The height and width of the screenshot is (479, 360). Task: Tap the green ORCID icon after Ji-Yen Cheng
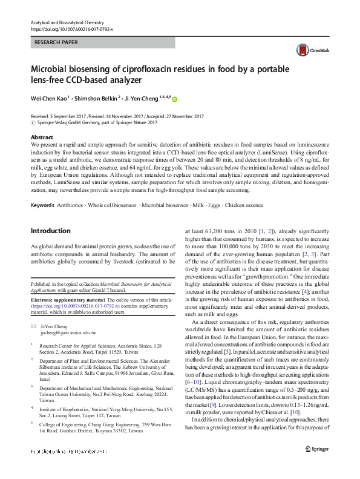pos(175,98)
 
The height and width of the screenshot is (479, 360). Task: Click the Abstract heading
pos(42,138)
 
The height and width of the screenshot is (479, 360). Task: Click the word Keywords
pos(42,189)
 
